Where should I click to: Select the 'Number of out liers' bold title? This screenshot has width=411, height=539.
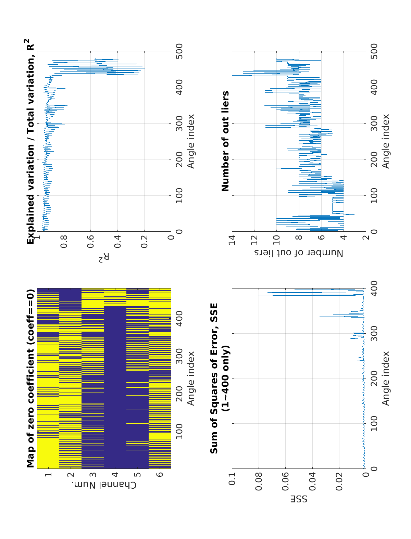click(x=225, y=141)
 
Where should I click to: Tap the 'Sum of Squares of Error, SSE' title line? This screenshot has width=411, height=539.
click(x=214, y=378)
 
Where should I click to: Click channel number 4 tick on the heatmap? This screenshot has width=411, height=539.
click(x=115, y=475)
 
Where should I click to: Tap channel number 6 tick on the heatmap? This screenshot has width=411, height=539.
click(x=160, y=475)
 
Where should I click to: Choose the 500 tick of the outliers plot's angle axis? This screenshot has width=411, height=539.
click(x=374, y=51)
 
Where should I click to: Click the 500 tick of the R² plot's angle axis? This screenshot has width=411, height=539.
click(x=179, y=51)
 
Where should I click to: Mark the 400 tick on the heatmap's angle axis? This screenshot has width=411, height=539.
click(x=179, y=318)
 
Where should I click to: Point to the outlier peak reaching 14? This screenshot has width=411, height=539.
click(x=233, y=75)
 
